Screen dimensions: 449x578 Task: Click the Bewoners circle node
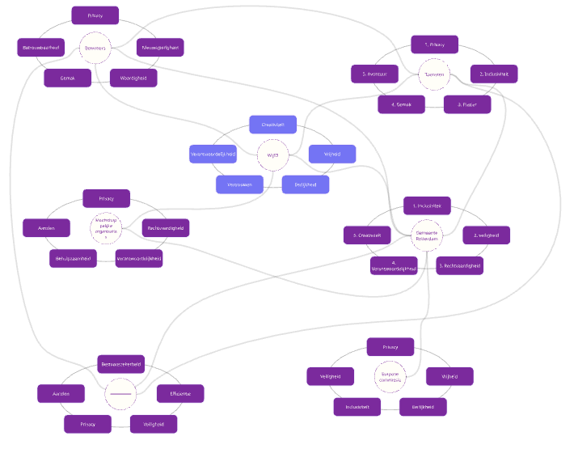pos(95,48)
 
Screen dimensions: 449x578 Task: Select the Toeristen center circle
pos(434,74)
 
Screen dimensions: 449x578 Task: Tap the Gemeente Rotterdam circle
pos(427,235)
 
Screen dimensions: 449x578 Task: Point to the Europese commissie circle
pos(390,376)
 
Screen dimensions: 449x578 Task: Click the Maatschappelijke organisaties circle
pos(107,227)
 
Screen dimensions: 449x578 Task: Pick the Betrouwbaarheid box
pos(40,48)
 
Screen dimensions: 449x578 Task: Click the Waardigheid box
pos(133,78)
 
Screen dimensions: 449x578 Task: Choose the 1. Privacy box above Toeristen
pos(434,44)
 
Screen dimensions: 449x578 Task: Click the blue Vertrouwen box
pos(240,184)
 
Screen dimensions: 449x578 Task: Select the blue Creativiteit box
pos(273,124)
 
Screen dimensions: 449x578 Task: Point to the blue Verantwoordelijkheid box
pos(213,154)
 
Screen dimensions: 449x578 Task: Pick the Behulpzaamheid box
pos(73,258)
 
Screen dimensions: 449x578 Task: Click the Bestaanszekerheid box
pos(120,364)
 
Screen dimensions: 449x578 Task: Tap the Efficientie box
pos(180,394)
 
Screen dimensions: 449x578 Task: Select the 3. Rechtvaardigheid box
pos(459,265)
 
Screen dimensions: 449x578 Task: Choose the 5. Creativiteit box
pos(368,235)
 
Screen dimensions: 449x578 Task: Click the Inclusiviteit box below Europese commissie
pos(357,407)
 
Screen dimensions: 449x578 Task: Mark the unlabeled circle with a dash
pos(120,394)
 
